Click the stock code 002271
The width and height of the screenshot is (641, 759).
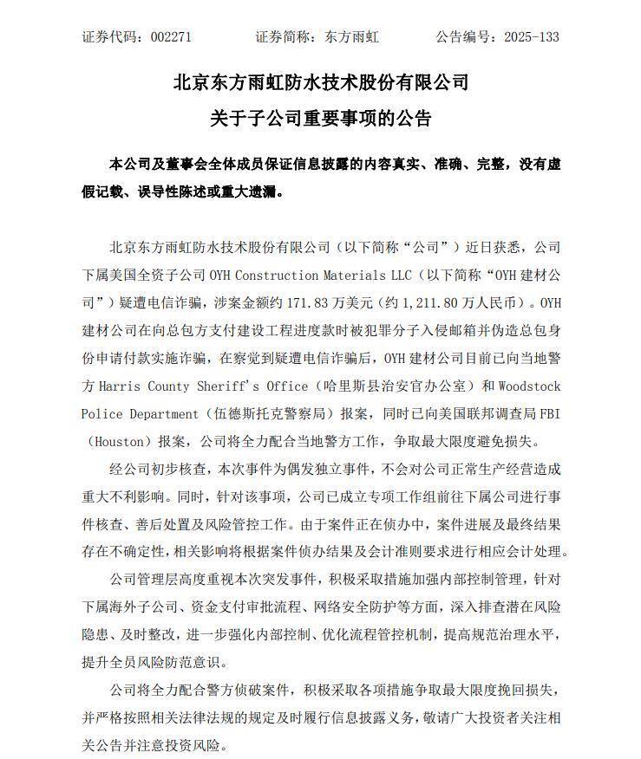[171, 37]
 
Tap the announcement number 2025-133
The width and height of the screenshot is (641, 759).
[534, 37]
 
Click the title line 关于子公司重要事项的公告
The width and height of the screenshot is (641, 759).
[321, 118]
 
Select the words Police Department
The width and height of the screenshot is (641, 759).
[147, 413]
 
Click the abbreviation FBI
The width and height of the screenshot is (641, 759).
[548, 413]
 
